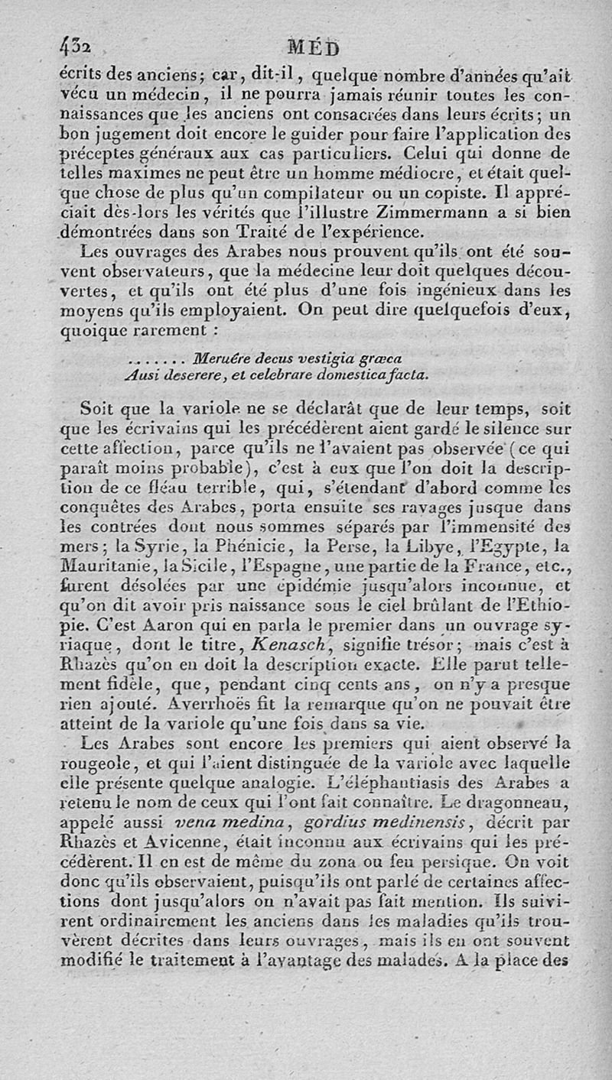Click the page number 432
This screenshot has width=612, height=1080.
coord(76,47)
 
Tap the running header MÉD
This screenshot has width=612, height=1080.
coord(313,49)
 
